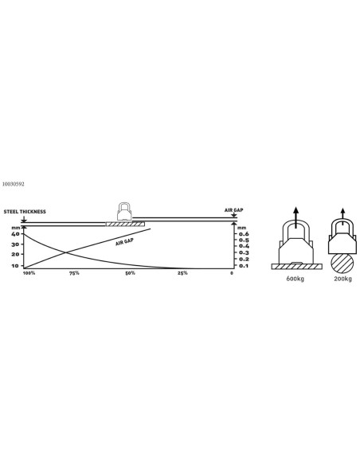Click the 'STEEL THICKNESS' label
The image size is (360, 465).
[25, 212]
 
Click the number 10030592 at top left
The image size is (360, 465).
[13, 184]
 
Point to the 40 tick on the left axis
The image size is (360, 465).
[15, 234]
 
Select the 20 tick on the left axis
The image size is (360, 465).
[15, 254]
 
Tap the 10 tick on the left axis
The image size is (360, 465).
[15, 266]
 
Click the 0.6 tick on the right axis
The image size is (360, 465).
[244, 234]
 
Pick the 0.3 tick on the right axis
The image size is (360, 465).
[244, 252]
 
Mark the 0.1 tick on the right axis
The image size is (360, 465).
[244, 266]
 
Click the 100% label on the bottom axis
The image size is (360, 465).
[29, 273]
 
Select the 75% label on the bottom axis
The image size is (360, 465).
[74, 273]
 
